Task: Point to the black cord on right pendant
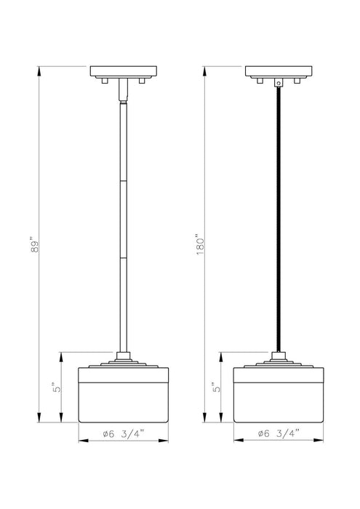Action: click(277, 218)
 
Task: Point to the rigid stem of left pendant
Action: click(121, 218)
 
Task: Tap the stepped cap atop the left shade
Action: click(121, 363)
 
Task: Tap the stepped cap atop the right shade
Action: click(277, 363)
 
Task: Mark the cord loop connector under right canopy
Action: click(277, 83)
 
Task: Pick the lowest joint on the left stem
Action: click(121, 257)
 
